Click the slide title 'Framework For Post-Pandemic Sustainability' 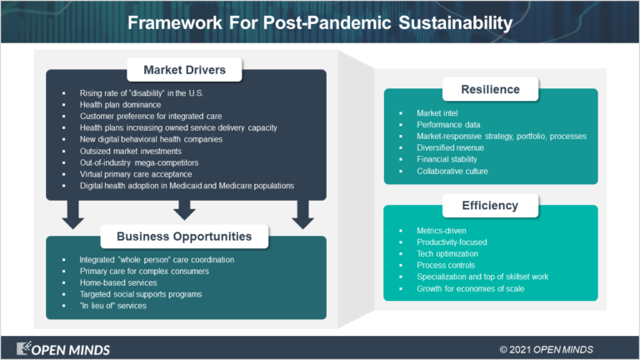point(319,22)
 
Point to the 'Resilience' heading point(491,89)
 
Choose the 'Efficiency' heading point(491,205)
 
